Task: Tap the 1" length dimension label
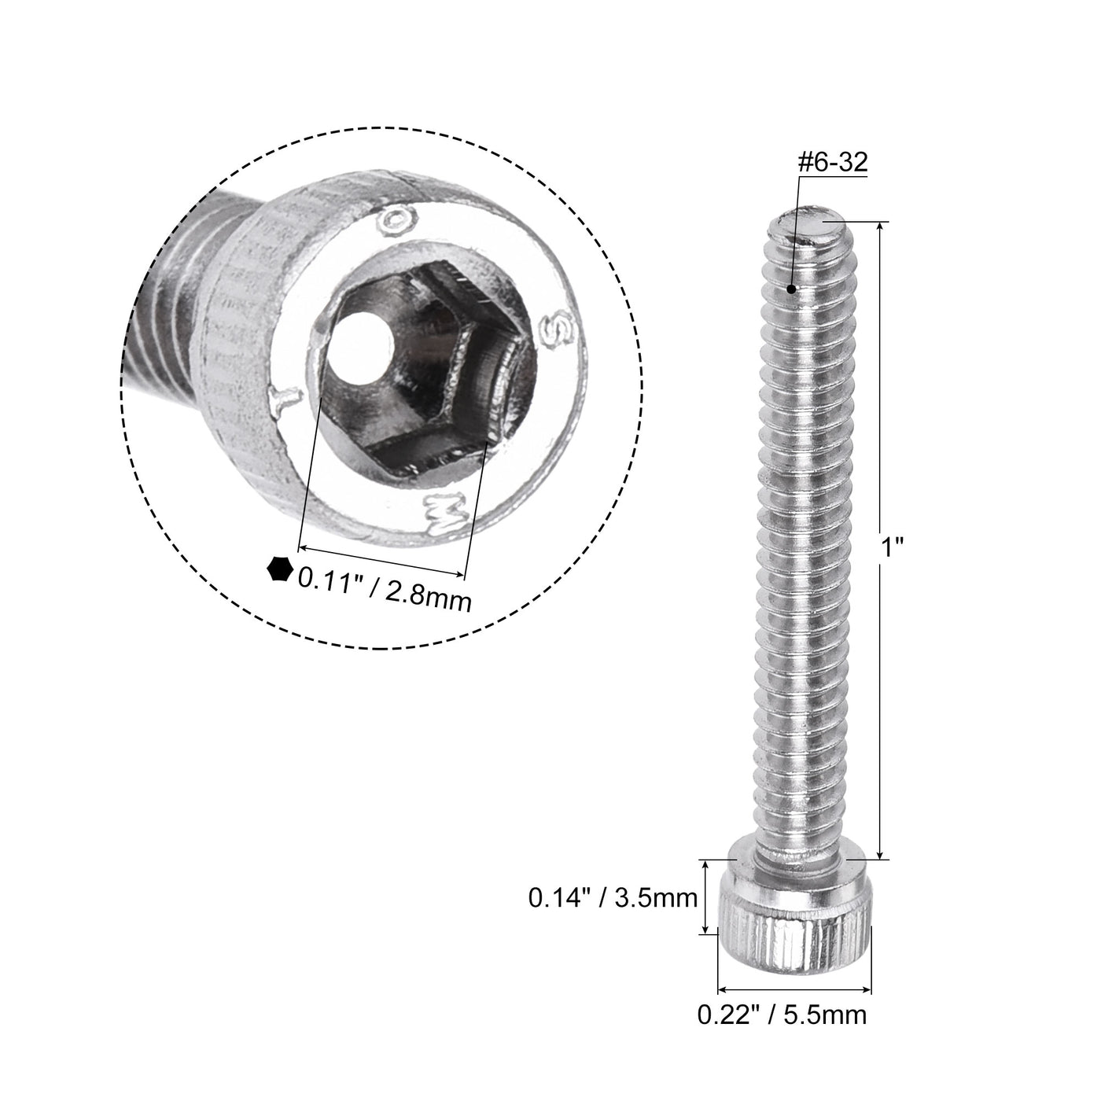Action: tap(890, 547)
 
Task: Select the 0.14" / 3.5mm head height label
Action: tap(613, 897)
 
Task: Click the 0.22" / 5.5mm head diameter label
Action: tap(782, 1014)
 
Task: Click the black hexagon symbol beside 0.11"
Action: tap(279, 569)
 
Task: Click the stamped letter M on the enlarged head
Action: tap(438, 513)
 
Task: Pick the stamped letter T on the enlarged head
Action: tap(282, 400)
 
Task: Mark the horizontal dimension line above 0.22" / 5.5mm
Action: tap(795, 989)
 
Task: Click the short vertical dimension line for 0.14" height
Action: tap(707, 897)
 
